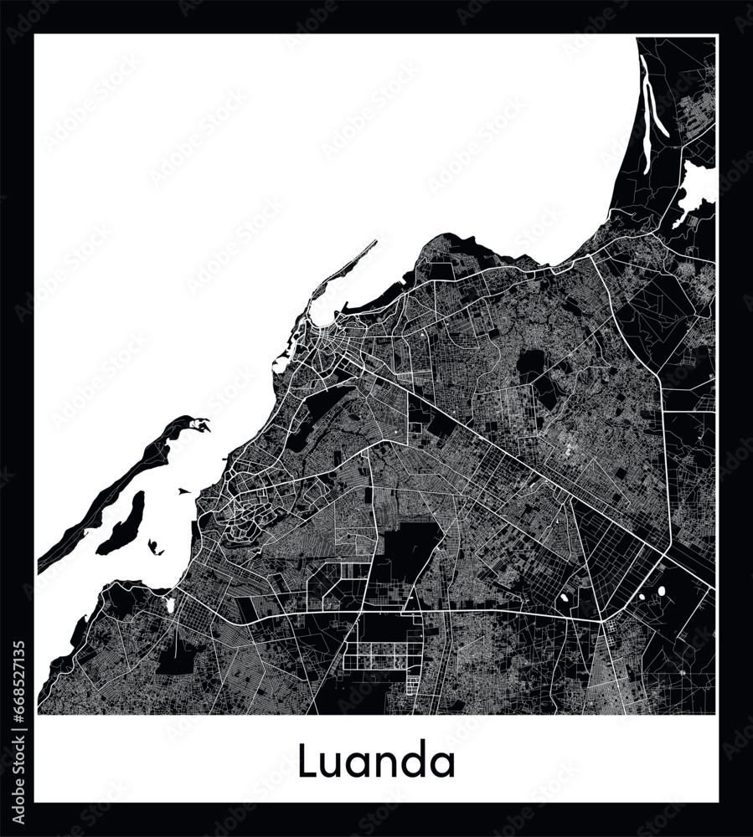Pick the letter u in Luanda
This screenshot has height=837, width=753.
point(331,764)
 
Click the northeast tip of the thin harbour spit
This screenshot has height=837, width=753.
point(374,243)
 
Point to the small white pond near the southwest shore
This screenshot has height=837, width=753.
point(170,603)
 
